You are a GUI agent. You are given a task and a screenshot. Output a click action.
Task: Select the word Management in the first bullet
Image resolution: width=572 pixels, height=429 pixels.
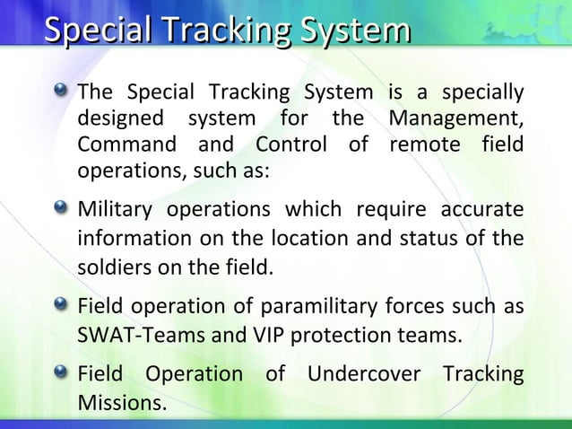point(456,118)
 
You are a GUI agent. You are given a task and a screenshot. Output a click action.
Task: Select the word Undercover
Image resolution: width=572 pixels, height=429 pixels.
point(364,372)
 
